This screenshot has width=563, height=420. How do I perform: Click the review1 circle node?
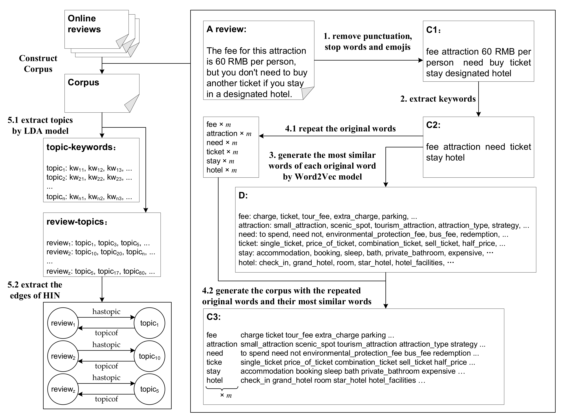pyautogui.click(x=63, y=323)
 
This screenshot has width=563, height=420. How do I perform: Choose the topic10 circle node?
pyautogui.click(x=150, y=356)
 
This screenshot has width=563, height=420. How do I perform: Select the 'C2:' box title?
pyautogui.click(x=433, y=125)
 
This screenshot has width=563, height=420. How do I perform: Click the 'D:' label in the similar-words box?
pyautogui.click(x=243, y=196)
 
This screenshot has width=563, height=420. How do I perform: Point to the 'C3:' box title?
pyautogui.click(x=214, y=317)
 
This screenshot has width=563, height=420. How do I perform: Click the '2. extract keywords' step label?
pyautogui.click(x=438, y=99)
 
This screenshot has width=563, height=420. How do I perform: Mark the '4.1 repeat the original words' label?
pyautogui.click(x=340, y=129)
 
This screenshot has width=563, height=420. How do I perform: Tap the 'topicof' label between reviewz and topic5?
pyautogui.click(x=106, y=399)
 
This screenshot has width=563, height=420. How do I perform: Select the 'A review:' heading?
pyautogui.click(x=226, y=29)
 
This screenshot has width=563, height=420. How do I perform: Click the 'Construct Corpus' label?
pyautogui.click(x=38, y=64)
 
